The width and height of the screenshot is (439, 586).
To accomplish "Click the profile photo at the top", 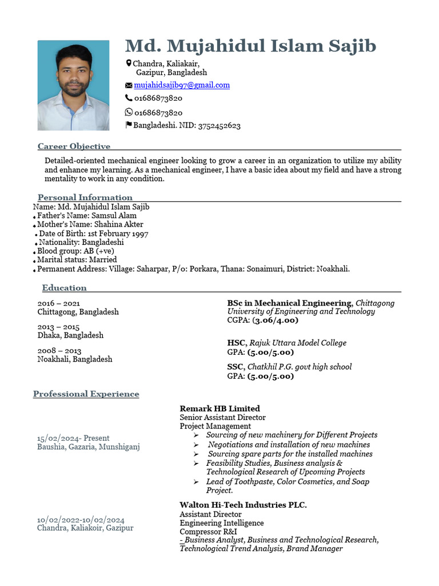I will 73,85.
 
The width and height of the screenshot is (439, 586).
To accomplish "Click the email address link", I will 182,85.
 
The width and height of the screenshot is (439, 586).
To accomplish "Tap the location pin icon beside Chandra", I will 129,63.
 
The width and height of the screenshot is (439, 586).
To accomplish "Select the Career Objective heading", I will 74,146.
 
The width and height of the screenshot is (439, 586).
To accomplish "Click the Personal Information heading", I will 85,197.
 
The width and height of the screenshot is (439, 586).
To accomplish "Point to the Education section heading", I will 64,288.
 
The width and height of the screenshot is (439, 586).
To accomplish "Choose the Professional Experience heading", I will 86,394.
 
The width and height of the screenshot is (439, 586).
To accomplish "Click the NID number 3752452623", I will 219,125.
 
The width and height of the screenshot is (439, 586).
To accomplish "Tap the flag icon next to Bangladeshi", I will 129,125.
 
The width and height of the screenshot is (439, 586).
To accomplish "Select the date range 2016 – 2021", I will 59,303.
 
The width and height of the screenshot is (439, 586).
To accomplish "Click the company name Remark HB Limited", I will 219,409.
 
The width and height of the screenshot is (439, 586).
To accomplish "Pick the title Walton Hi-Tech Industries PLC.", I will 243,505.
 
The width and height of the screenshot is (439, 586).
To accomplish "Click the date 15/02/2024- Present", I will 73,438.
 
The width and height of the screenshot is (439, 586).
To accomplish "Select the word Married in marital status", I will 103,260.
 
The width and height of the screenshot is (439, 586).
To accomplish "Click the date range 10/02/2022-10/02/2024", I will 81,520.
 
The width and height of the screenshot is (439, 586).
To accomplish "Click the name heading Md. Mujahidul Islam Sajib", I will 250,46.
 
